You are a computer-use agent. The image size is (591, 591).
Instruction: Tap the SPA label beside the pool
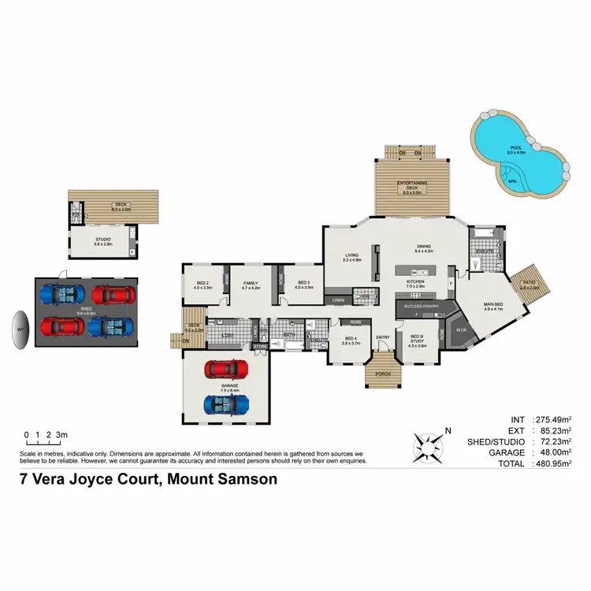pos(512,180)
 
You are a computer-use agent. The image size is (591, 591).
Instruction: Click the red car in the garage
pos(226,369)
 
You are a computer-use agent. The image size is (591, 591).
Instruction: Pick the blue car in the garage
pos(226,405)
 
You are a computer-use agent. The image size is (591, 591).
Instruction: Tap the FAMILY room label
pos(251,285)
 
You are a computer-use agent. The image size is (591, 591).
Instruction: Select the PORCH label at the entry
pos(384,374)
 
